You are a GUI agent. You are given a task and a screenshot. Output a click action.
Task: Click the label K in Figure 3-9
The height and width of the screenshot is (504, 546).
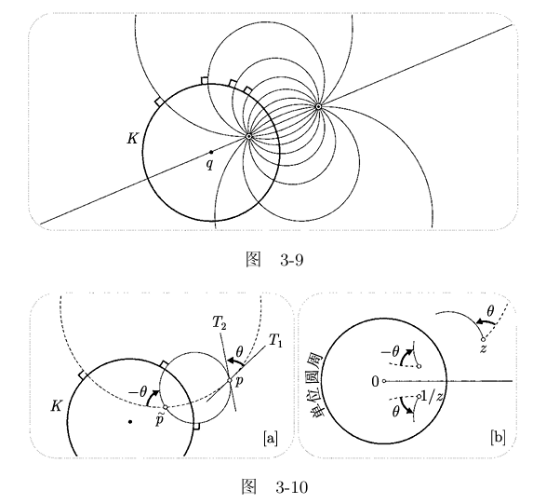[132, 139]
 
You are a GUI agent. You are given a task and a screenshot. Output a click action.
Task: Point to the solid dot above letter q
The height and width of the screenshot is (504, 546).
[211, 152]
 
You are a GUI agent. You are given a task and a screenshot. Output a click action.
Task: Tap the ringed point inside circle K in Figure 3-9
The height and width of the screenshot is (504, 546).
[248, 136]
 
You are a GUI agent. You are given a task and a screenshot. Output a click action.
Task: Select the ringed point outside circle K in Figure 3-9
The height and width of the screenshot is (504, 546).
[318, 106]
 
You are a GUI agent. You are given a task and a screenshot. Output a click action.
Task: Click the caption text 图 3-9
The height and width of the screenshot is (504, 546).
[274, 259]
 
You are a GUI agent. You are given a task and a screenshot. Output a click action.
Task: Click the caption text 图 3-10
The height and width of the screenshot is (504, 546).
[274, 486]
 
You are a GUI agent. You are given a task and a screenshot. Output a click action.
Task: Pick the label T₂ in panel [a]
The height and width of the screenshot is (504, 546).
[220, 323]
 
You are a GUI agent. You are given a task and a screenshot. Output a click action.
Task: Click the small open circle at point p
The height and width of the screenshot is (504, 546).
[230, 380]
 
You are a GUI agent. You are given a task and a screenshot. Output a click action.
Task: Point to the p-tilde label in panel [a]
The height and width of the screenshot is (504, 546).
[159, 420]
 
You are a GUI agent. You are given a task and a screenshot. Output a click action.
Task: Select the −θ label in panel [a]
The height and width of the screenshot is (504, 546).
[139, 392]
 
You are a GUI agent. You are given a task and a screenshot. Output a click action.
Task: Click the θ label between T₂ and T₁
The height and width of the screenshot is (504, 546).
[239, 352]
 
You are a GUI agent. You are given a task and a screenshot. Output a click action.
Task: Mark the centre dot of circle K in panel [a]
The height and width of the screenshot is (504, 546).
[130, 422]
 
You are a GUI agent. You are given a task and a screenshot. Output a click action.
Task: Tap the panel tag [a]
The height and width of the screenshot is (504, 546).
[271, 439]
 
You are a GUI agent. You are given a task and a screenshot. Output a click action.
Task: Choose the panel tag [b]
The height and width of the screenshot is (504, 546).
[498, 437]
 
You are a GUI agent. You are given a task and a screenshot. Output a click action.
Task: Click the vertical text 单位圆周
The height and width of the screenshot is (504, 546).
[316, 385]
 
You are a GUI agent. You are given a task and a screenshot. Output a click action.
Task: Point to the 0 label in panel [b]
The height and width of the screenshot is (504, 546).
[375, 382]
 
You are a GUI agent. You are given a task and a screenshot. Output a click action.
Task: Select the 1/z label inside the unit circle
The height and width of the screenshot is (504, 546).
[433, 396]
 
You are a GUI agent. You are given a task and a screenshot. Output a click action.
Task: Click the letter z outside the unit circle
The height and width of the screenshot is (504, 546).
[483, 348]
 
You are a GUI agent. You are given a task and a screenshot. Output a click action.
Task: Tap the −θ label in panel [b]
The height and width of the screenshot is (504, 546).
[390, 352]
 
